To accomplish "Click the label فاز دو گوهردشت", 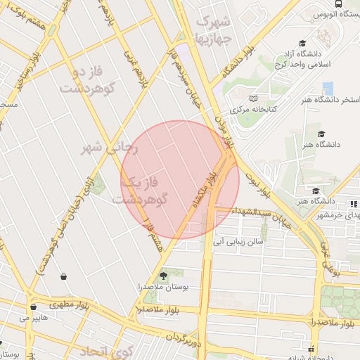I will click(82, 80).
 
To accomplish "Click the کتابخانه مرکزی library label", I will click(253, 110).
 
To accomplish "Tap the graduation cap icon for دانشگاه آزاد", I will click(302, 44).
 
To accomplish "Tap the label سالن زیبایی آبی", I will click(238, 241).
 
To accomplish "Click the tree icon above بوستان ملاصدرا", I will click(164, 275).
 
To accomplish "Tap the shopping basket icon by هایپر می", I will click(33, 307).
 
